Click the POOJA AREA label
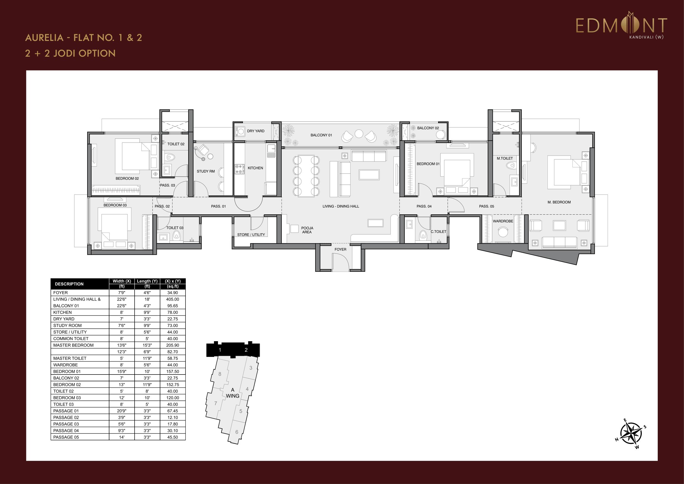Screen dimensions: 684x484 click(x=307, y=230)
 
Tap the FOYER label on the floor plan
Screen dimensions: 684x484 click(x=340, y=249)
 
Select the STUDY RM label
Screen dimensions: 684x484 click(x=206, y=171)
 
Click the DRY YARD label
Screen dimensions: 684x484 click(x=256, y=131)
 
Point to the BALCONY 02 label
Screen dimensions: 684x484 click(x=428, y=128)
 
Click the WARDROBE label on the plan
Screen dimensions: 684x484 click(x=503, y=221)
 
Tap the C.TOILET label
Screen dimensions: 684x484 click(x=438, y=231)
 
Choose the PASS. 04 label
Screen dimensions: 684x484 click(x=424, y=206)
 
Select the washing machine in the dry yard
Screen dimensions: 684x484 click(x=240, y=131)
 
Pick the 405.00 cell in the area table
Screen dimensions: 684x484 click(x=172, y=299)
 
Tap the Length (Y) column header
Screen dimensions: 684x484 click(x=147, y=281)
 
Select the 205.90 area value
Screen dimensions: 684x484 click(x=172, y=345)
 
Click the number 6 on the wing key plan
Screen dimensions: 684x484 click(x=237, y=432)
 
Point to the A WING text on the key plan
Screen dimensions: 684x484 click(x=232, y=393)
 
